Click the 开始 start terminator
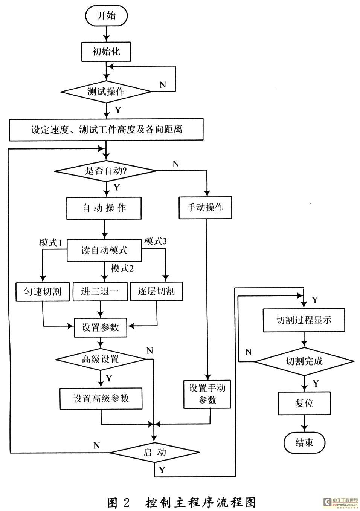(107, 16)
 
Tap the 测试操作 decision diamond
(106, 91)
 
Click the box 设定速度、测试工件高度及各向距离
(106, 130)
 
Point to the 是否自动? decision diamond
(106, 171)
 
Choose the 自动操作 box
(104, 208)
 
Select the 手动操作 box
(205, 208)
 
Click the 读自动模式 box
(104, 250)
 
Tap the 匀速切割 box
(43, 291)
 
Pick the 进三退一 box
(100, 291)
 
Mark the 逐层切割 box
(156, 291)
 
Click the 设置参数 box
(100, 327)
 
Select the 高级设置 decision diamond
(101, 359)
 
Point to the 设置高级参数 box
(101, 399)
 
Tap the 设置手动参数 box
(207, 394)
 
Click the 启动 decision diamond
(155, 452)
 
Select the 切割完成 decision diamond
(304, 361)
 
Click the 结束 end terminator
(304, 442)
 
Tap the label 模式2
(122, 269)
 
